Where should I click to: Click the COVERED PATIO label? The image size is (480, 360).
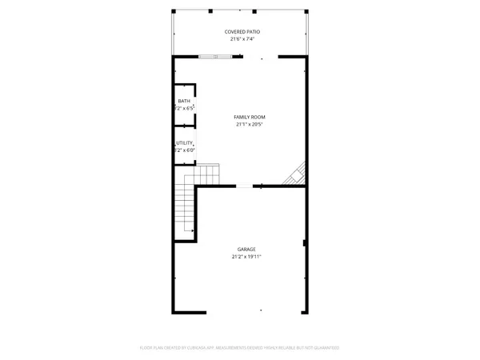click(x=242, y=31)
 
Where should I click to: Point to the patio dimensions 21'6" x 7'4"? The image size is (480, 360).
click(x=242, y=38)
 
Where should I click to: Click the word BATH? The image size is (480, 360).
click(x=184, y=101)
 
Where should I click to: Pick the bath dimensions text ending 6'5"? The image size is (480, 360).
click(x=186, y=107)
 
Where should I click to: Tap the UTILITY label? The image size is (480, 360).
click(x=184, y=143)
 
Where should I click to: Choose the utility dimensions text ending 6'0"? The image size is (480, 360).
click(x=186, y=150)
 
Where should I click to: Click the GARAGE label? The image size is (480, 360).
click(x=246, y=250)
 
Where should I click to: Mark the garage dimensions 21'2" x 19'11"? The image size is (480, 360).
click(x=246, y=257)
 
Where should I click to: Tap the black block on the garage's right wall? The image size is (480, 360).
click(x=304, y=242)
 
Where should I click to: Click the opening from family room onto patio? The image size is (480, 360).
click(x=260, y=56)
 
